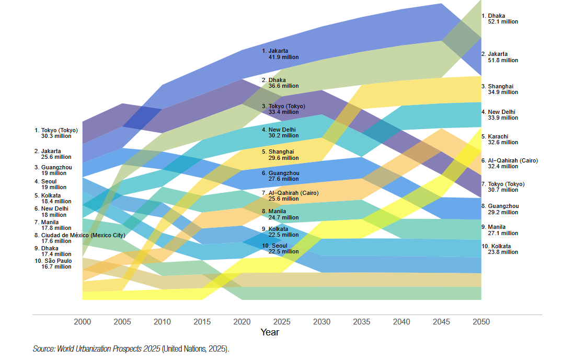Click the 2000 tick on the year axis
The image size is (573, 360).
(x=83, y=322)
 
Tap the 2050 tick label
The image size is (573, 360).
(x=481, y=322)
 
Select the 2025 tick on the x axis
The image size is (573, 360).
(x=282, y=322)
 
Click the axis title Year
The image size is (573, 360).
(x=270, y=332)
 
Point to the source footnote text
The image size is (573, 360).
(x=131, y=349)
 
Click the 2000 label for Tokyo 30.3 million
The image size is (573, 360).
(x=56, y=133)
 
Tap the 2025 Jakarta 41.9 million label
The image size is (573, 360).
(x=280, y=54)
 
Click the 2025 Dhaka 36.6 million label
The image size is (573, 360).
(x=280, y=83)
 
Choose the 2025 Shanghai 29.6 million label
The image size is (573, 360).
(x=280, y=155)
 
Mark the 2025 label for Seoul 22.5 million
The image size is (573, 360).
(x=280, y=248)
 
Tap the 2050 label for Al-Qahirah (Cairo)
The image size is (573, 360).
(x=509, y=164)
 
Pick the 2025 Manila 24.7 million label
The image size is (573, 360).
(x=280, y=214)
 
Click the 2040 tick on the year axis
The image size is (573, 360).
(x=402, y=322)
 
